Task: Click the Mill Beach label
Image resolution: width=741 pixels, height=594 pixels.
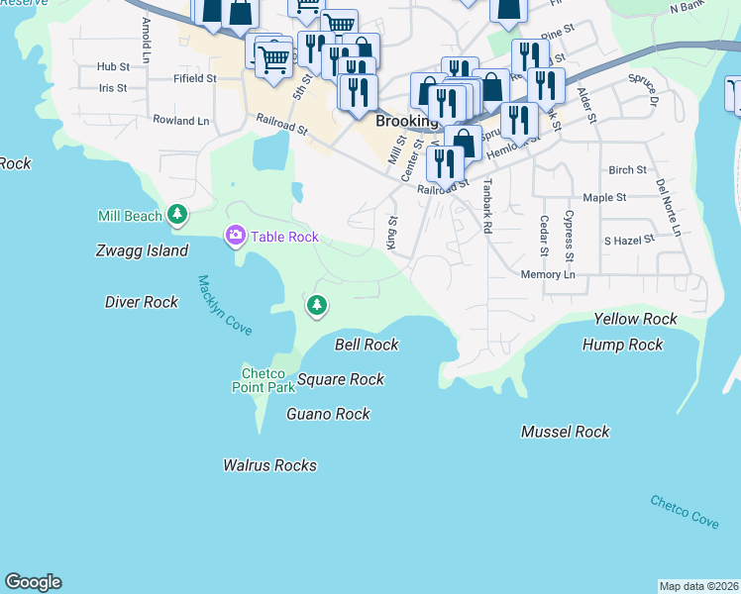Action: click(x=130, y=216)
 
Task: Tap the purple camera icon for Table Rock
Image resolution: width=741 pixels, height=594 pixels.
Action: click(x=236, y=236)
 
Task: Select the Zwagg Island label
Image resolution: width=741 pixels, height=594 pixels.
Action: click(x=142, y=251)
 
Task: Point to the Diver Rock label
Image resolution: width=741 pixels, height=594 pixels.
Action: click(x=142, y=302)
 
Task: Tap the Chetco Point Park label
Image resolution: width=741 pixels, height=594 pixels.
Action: click(x=265, y=380)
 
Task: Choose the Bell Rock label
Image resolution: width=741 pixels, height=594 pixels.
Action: click(x=367, y=345)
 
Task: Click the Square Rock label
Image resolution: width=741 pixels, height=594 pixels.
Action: click(x=341, y=379)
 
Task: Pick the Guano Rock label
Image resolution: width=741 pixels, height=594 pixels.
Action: click(x=328, y=414)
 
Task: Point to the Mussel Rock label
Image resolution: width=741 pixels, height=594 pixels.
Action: click(x=566, y=432)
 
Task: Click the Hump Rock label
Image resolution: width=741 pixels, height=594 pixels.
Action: click(x=623, y=345)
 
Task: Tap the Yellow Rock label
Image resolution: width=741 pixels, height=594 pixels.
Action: click(x=635, y=319)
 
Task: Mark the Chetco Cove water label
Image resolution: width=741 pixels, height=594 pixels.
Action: click(x=685, y=512)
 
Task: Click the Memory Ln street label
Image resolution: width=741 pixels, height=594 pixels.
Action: click(x=548, y=274)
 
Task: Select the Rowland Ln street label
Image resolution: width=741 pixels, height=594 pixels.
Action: click(x=181, y=121)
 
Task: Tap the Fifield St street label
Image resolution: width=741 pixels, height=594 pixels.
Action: click(x=194, y=77)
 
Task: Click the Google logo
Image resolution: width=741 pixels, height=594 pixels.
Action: click(x=33, y=582)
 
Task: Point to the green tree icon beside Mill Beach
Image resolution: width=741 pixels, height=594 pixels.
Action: click(x=177, y=214)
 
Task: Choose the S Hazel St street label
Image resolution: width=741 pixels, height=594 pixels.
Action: click(x=629, y=241)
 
